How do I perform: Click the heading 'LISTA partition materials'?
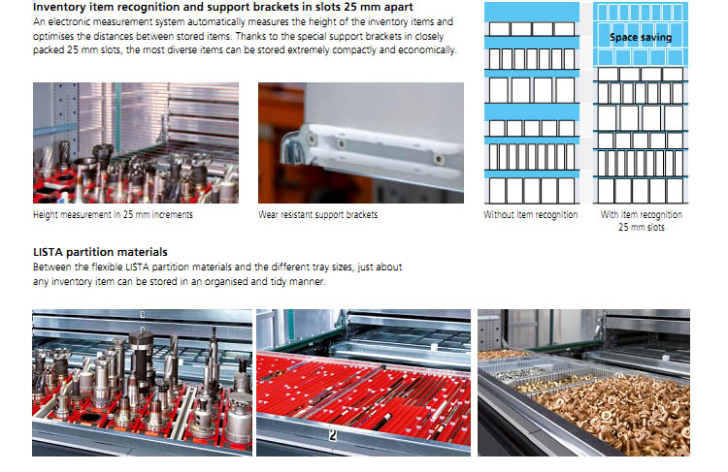point(100,252)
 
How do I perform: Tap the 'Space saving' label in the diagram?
point(641,37)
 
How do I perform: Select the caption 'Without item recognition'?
point(531,214)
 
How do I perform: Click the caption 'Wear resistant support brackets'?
point(318,214)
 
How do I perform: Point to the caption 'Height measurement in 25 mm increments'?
point(113,214)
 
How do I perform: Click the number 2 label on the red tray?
point(333,434)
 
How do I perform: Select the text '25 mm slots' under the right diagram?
point(642,227)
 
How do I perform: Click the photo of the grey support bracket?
point(361,142)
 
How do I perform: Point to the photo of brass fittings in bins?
point(583,383)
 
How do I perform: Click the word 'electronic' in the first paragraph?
point(73,21)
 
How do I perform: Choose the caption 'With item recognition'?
point(642,214)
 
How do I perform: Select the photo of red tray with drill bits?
point(363,383)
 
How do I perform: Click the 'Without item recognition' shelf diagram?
point(532,103)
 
